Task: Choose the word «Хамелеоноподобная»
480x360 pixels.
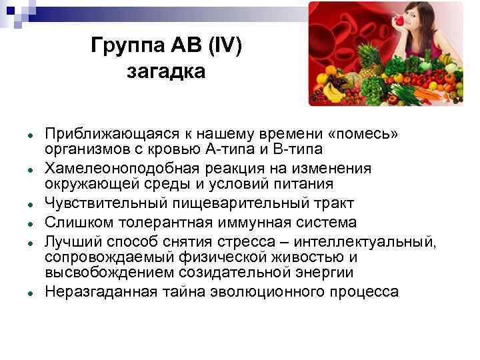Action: (x=116, y=169)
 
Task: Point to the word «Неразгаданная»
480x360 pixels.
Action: (x=101, y=291)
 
